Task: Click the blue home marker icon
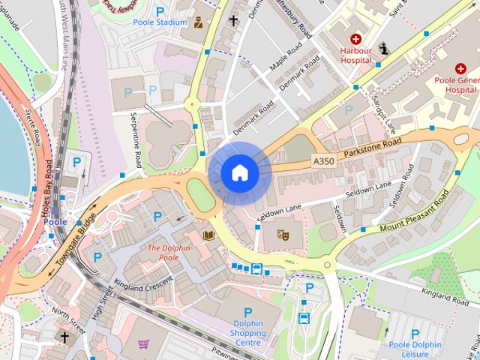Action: click(x=239, y=172)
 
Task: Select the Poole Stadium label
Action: click(x=160, y=22)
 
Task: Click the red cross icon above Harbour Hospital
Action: click(x=355, y=39)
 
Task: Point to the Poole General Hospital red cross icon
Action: click(x=460, y=68)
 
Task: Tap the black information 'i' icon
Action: click(x=385, y=49)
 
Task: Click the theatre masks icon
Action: click(x=283, y=234)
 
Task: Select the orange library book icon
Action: click(x=208, y=236)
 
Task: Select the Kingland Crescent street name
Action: click(x=143, y=283)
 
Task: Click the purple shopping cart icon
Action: click(x=143, y=344)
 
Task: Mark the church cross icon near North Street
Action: click(x=64, y=338)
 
